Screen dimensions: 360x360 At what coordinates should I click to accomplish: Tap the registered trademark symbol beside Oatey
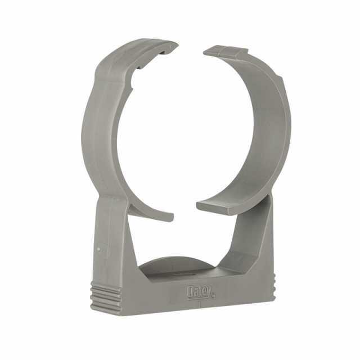213,296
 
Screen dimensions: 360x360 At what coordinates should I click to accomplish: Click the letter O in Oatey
191,291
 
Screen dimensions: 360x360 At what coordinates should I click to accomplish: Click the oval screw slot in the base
184,274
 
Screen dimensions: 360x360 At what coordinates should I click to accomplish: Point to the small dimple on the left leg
98,249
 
